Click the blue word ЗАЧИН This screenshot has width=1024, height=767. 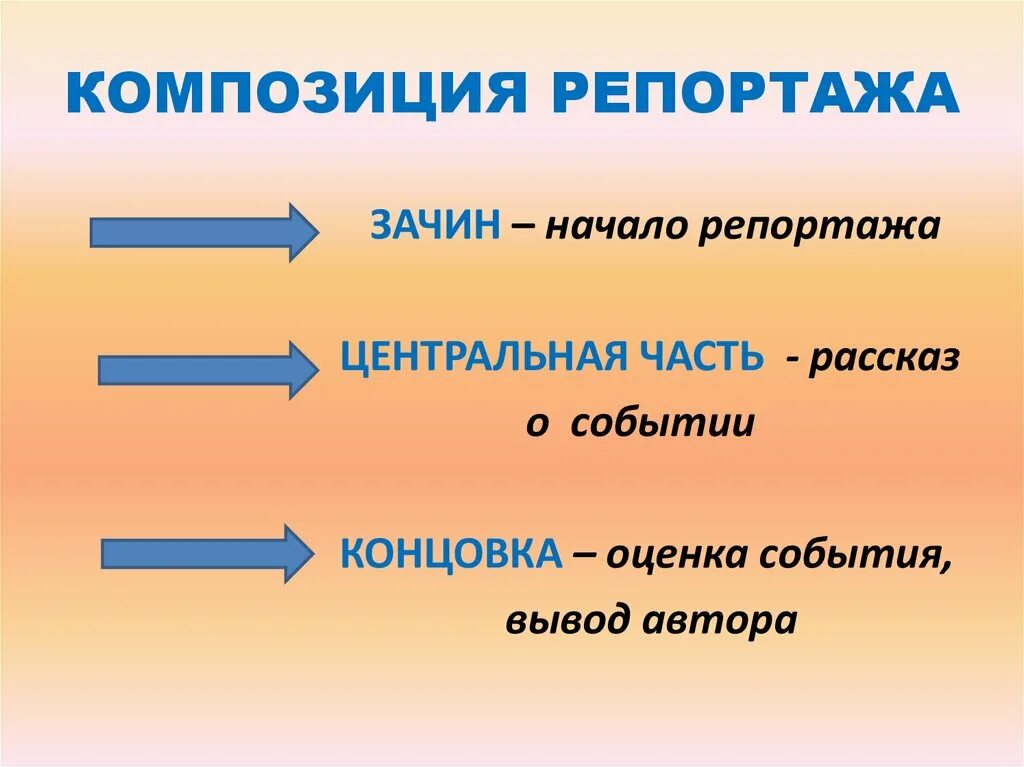[x=435, y=226]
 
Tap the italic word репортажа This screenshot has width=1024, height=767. [x=819, y=228]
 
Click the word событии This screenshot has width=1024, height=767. [x=662, y=424]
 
